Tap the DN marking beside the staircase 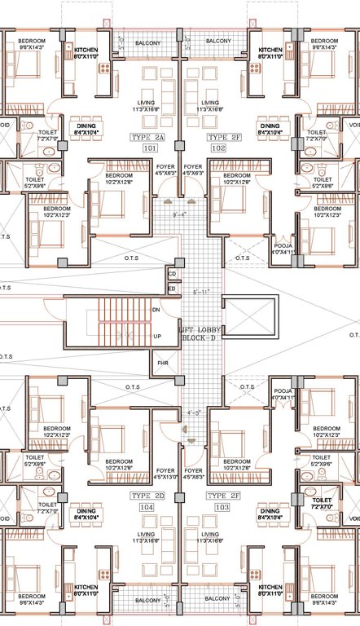click(156, 309)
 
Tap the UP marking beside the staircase click(156, 336)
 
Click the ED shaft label click(172, 289)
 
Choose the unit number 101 click(149, 149)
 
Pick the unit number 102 click(217, 149)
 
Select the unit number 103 click(217, 506)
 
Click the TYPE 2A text click(148, 139)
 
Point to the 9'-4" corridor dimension click(181, 215)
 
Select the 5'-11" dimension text click(201, 291)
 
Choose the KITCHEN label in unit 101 click(86, 54)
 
